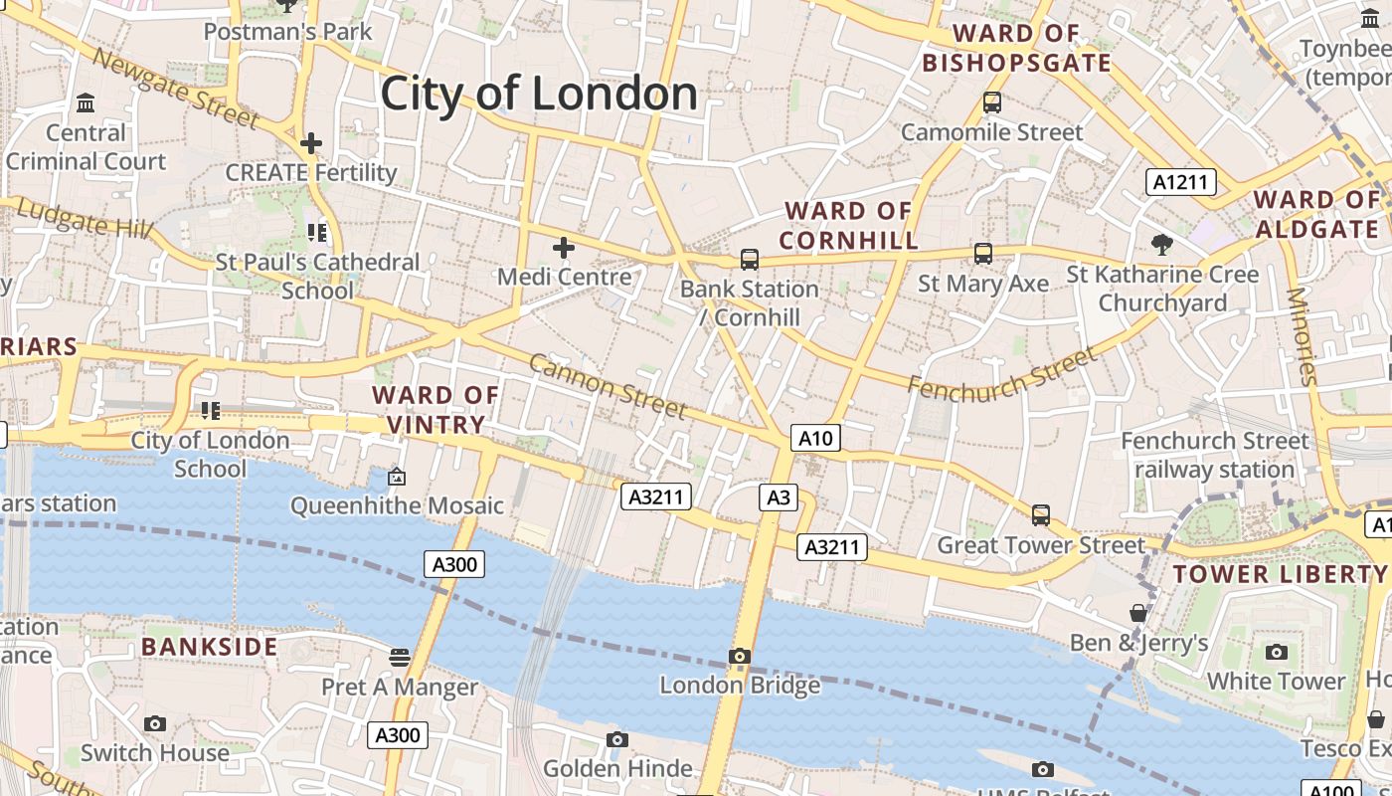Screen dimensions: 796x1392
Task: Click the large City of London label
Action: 539,94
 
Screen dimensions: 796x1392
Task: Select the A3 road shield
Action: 778,497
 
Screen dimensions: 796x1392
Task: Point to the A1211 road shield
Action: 1181,182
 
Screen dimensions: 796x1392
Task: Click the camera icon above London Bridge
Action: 739,656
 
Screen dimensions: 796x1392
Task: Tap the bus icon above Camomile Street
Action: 991,101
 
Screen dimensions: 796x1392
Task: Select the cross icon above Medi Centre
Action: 564,247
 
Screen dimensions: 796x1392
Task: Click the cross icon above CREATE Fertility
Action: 311,143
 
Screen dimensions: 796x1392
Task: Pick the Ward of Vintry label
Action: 435,410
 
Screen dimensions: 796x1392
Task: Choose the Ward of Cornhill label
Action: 848,226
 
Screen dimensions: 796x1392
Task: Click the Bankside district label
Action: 209,647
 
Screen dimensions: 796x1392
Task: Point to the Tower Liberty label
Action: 1280,574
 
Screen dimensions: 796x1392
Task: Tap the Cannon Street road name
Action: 607,386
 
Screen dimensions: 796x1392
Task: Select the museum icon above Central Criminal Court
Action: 86,103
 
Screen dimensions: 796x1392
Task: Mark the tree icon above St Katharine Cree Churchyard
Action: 1160,244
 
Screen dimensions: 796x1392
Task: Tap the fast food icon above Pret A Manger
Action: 400,657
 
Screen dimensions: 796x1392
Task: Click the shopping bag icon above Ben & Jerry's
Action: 1138,613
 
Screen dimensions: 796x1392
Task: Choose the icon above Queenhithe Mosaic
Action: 397,477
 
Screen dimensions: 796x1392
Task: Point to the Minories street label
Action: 1302,336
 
